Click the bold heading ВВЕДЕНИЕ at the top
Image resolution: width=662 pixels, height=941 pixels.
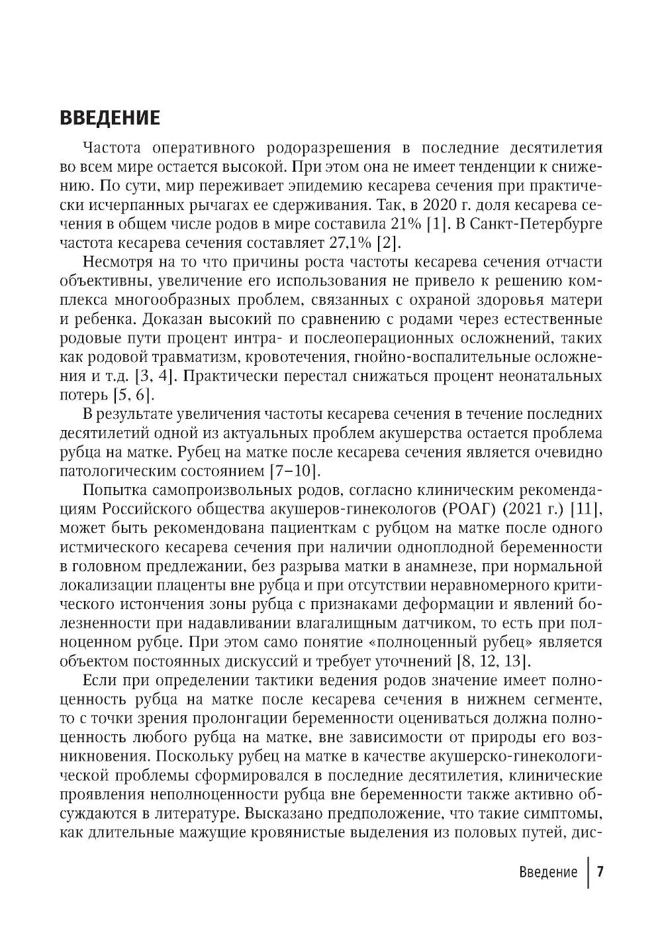tap(110, 118)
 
